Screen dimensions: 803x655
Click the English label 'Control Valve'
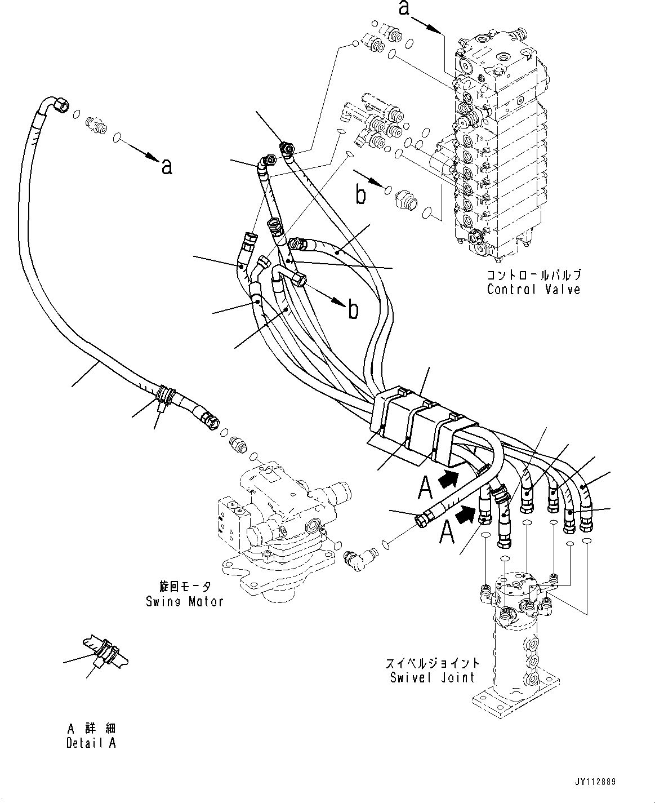pyautogui.click(x=533, y=290)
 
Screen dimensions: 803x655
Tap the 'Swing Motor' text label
pyautogui.click(x=184, y=601)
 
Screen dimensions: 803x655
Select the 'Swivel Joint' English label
pyautogui.click(x=433, y=677)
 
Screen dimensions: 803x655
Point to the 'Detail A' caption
pyautogui.click(x=91, y=743)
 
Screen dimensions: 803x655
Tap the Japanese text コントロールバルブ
pyautogui.click(x=533, y=276)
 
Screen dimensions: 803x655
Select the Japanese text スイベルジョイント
pyautogui.click(x=433, y=663)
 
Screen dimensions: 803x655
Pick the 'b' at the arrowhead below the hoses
pyautogui.click(x=353, y=309)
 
